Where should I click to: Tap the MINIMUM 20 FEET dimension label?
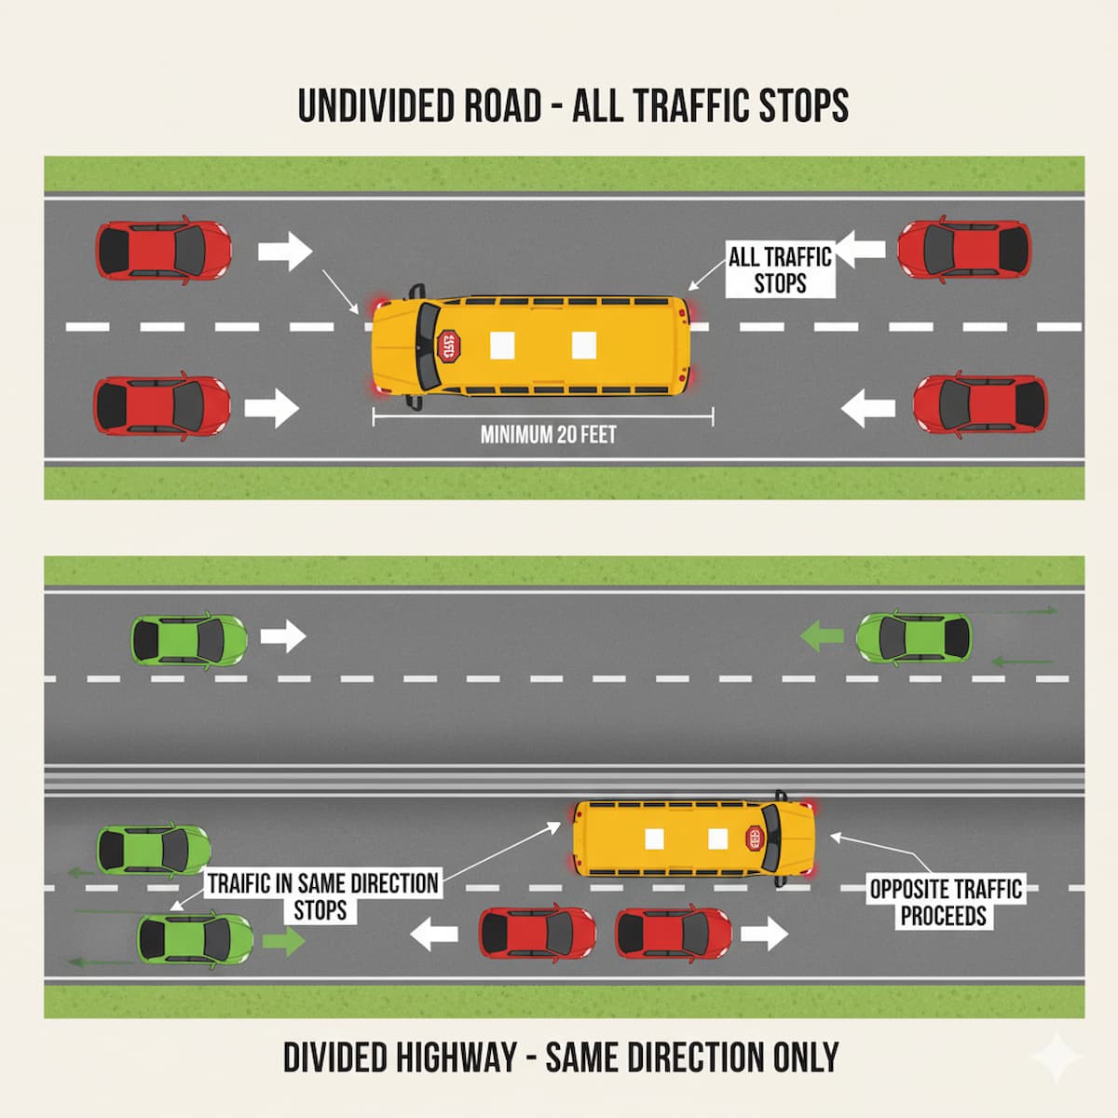(548, 434)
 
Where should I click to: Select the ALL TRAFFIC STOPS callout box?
(780, 269)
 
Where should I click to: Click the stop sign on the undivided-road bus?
(449, 346)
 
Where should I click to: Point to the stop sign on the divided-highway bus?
(754, 838)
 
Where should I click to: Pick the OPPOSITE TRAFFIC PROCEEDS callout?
(945, 902)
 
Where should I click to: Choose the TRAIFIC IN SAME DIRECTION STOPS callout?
(322, 895)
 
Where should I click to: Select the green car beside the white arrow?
(190, 639)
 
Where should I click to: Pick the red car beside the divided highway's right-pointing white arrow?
(674, 934)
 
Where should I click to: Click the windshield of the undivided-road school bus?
(426, 346)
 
